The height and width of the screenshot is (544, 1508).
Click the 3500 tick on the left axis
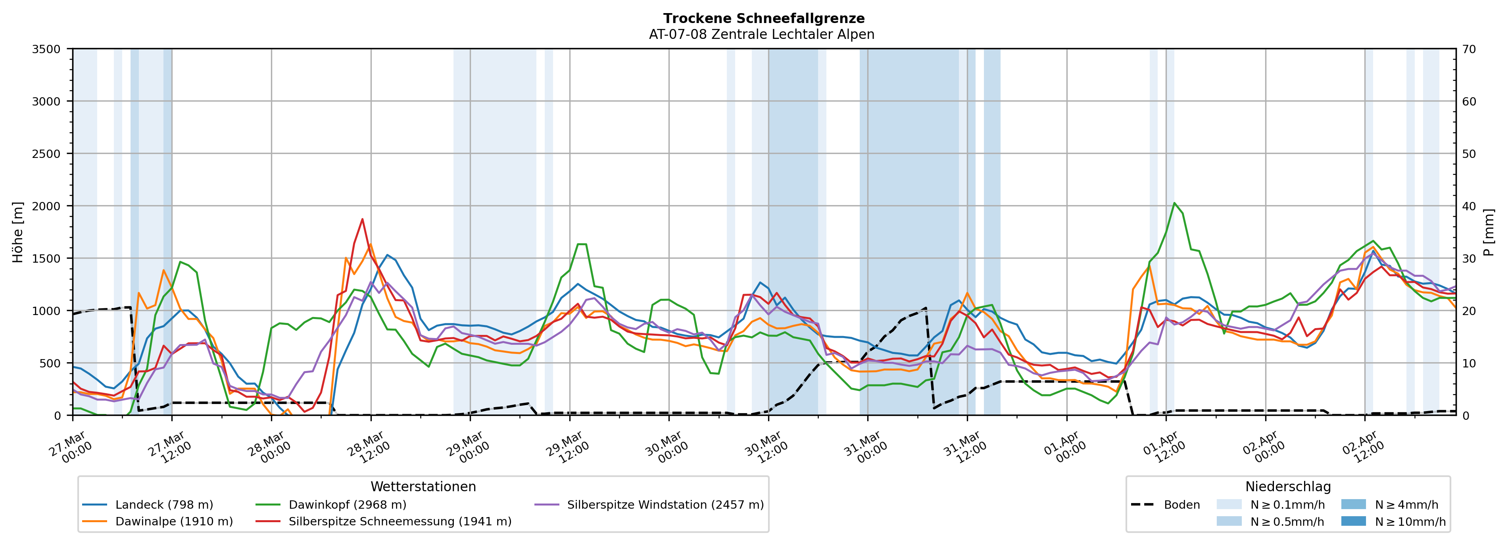coord(46,49)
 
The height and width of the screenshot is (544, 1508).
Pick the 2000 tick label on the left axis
coord(46,206)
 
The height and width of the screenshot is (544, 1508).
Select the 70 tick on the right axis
coord(1469,49)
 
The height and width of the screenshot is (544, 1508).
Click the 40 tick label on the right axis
coord(1469,206)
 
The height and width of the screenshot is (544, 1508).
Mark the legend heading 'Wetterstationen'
coord(423,486)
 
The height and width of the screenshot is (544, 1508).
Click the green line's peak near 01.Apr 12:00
coord(1174,203)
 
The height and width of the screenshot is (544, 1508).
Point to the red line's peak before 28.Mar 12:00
coord(362,219)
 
